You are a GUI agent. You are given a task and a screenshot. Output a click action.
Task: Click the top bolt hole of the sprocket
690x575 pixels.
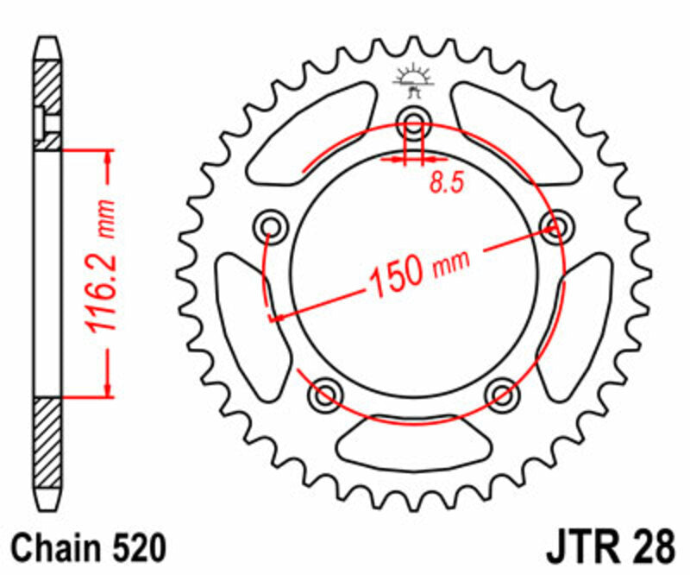414,123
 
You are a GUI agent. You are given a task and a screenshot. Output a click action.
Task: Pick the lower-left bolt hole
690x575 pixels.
326,394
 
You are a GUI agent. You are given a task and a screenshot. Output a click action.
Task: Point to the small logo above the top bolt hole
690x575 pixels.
413,79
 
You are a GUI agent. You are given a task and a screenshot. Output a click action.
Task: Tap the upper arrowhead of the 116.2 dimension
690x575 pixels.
107,156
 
